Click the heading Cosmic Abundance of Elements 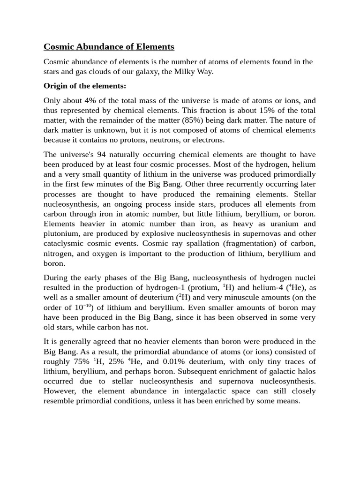coord(109,46)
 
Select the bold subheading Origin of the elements coord(85,86)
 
